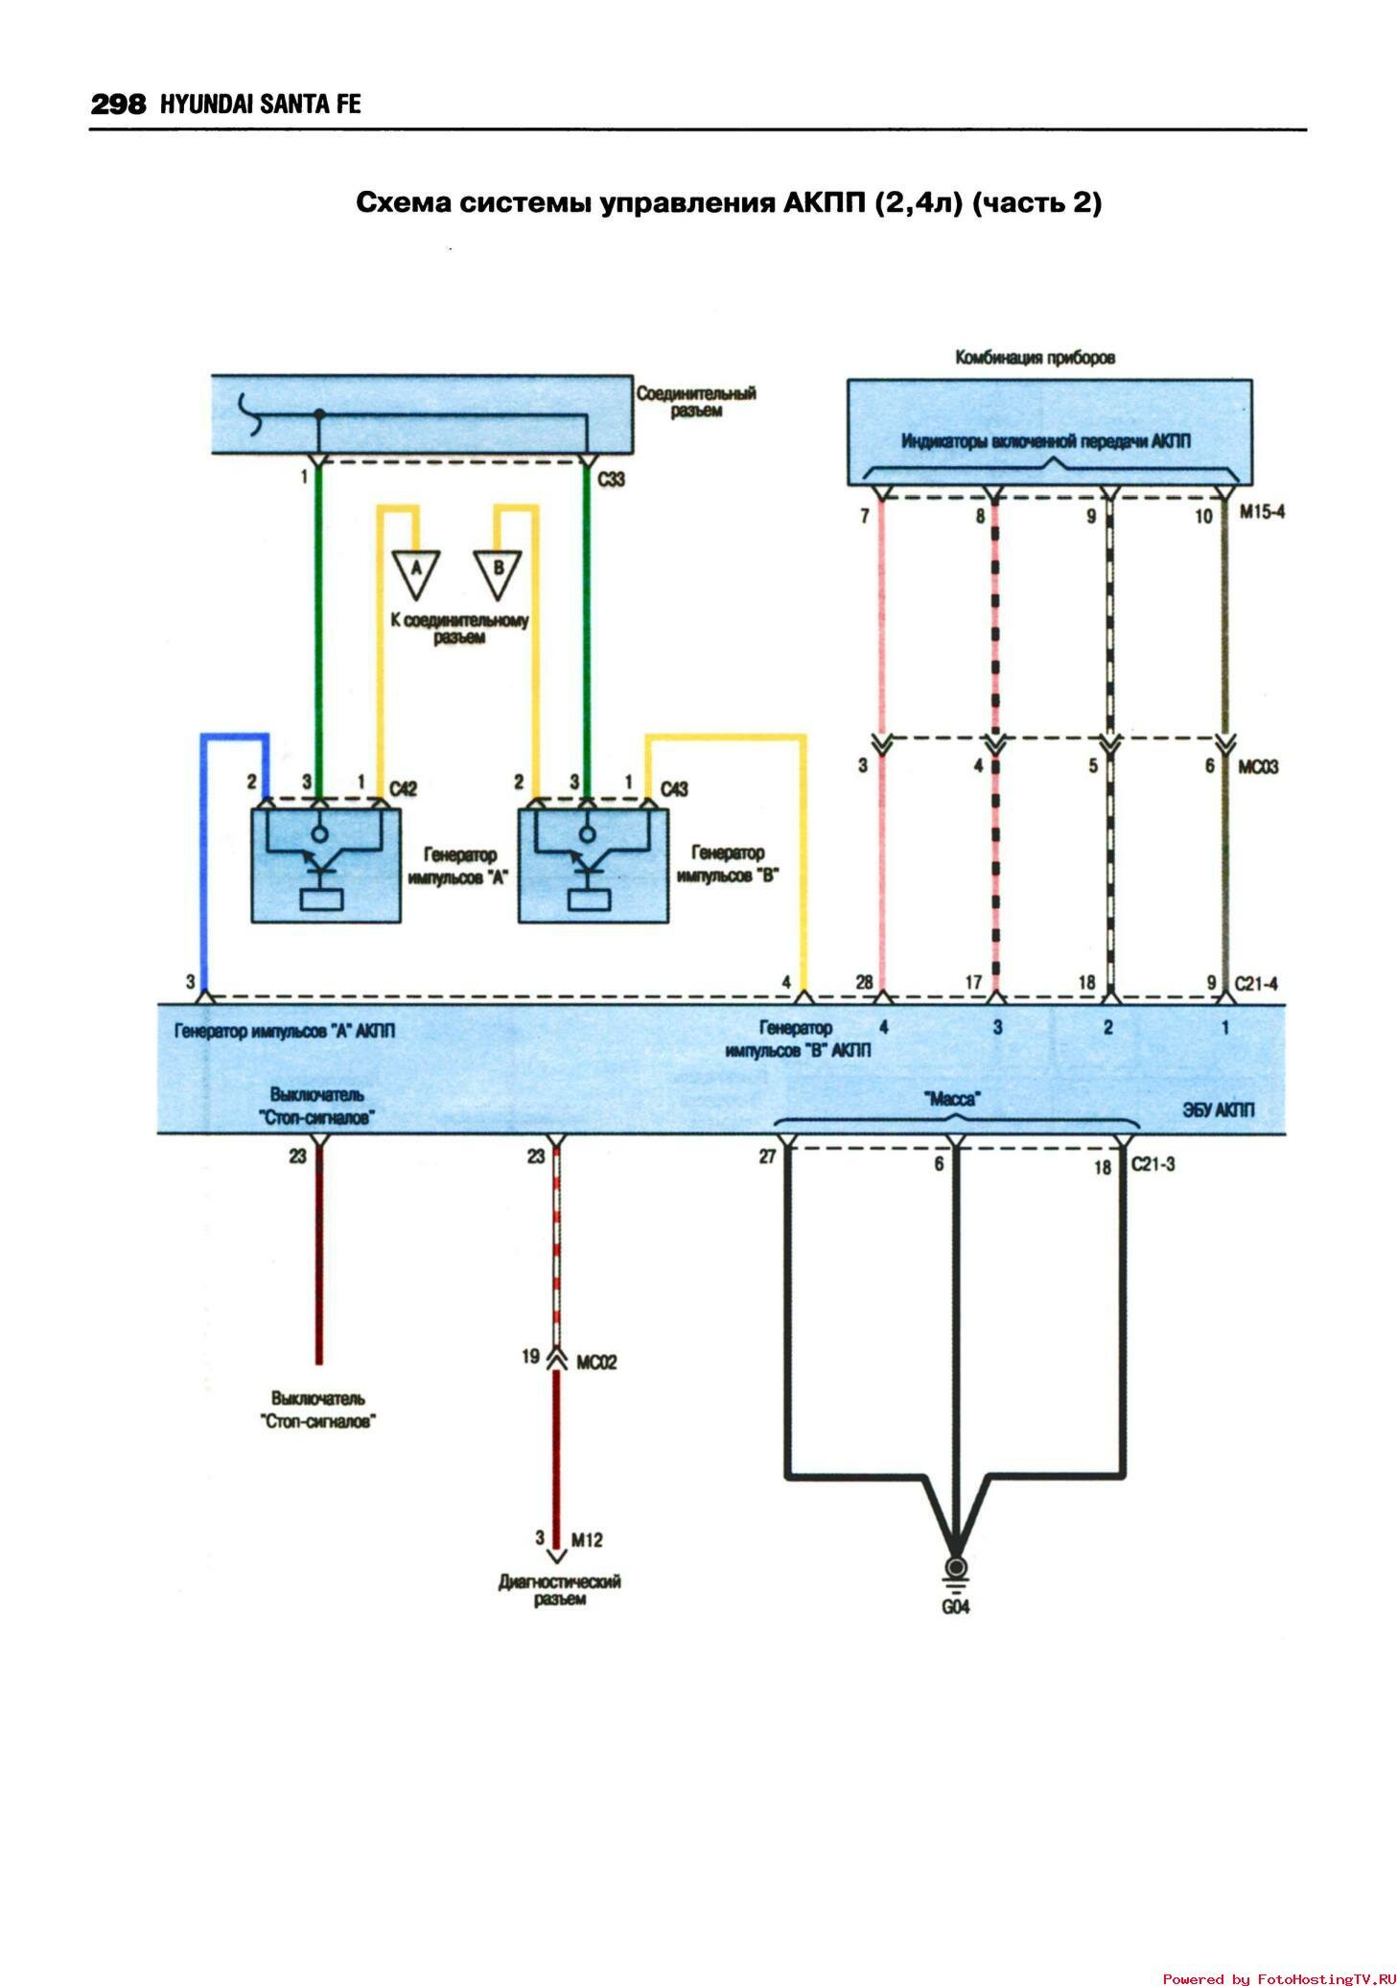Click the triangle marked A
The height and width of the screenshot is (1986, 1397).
pos(415,570)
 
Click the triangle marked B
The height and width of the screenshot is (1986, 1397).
pos(498,570)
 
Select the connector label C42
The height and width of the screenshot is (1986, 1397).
pos(404,789)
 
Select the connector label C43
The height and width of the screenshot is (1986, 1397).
pos(674,789)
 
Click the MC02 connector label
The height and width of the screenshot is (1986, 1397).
pos(596,1362)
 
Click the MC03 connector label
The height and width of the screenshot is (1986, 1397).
pos(1257,767)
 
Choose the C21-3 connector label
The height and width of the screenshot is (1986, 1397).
pos(1153,1165)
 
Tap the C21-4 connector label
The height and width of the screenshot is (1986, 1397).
pos(1255,983)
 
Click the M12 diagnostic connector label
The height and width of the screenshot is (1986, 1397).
pos(587,1540)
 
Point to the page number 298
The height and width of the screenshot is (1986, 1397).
pos(118,105)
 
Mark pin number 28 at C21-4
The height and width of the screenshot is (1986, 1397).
pos(863,983)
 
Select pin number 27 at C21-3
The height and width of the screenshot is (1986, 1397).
pos(767,1157)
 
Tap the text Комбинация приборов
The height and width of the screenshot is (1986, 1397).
pos(1035,358)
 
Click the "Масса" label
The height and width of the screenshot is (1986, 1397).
pos(954,1099)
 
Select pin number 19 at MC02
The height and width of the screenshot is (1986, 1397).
pos(530,1357)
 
